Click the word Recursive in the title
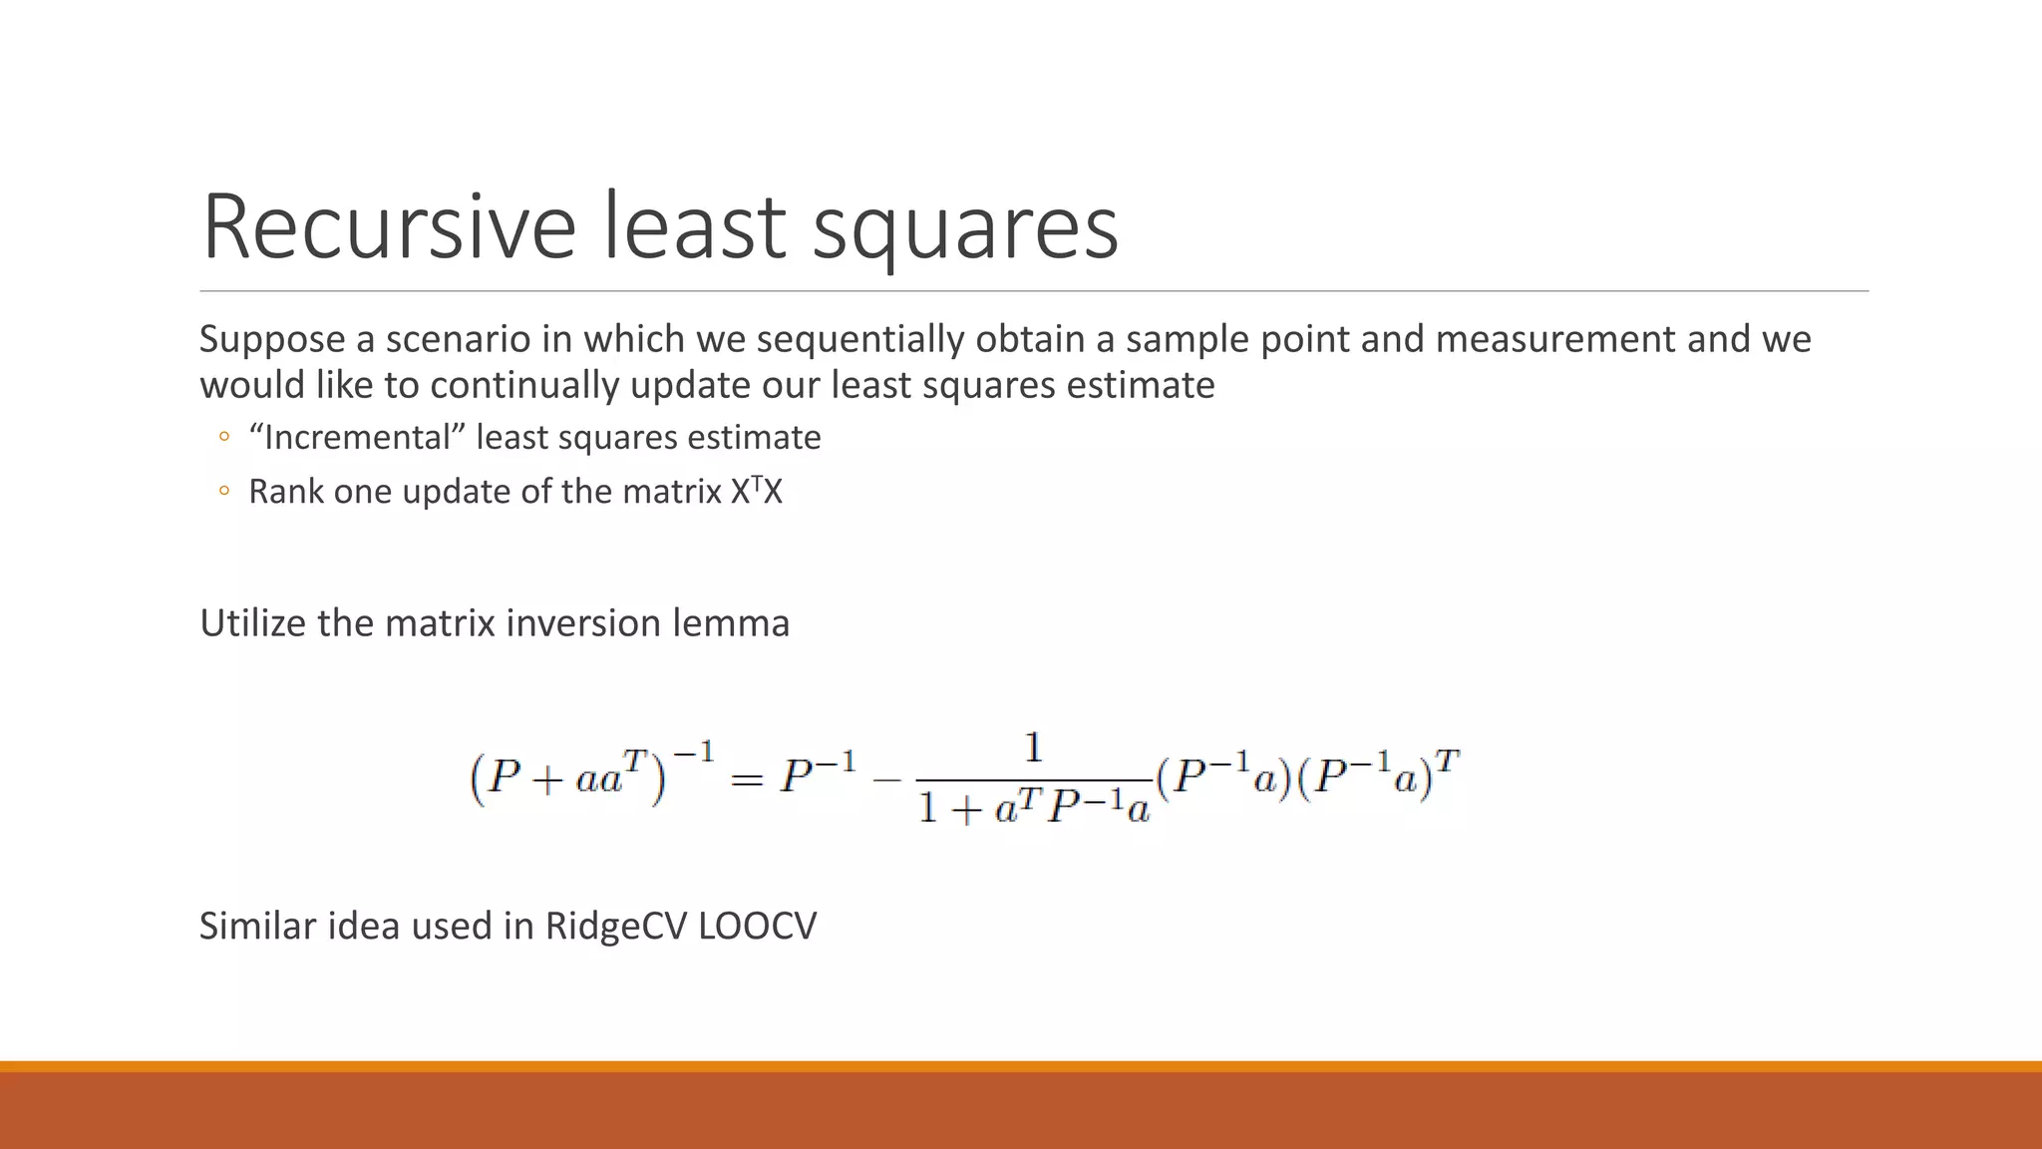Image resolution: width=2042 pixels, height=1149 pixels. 389,227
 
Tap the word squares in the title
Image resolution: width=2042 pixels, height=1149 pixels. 965,231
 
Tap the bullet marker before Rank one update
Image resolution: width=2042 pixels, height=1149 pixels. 223,491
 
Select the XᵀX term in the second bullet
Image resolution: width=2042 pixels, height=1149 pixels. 757,491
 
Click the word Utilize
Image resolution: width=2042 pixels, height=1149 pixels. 253,624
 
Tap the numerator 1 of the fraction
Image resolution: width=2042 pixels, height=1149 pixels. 1033,748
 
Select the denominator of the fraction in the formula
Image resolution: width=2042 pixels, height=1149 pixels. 1033,806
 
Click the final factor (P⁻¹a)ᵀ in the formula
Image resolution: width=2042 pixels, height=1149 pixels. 1381,776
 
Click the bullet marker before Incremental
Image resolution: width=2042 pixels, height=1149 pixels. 223,437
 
